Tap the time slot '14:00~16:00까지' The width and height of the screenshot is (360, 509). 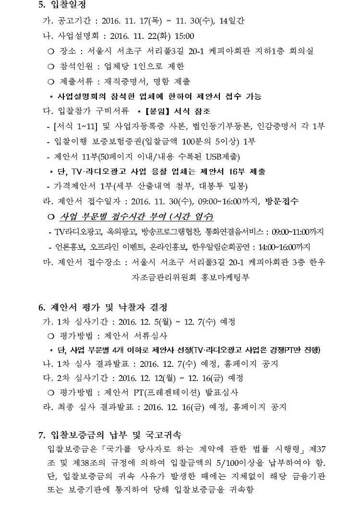(284, 247)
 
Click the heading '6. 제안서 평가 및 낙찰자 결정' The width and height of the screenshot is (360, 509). (102, 307)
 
